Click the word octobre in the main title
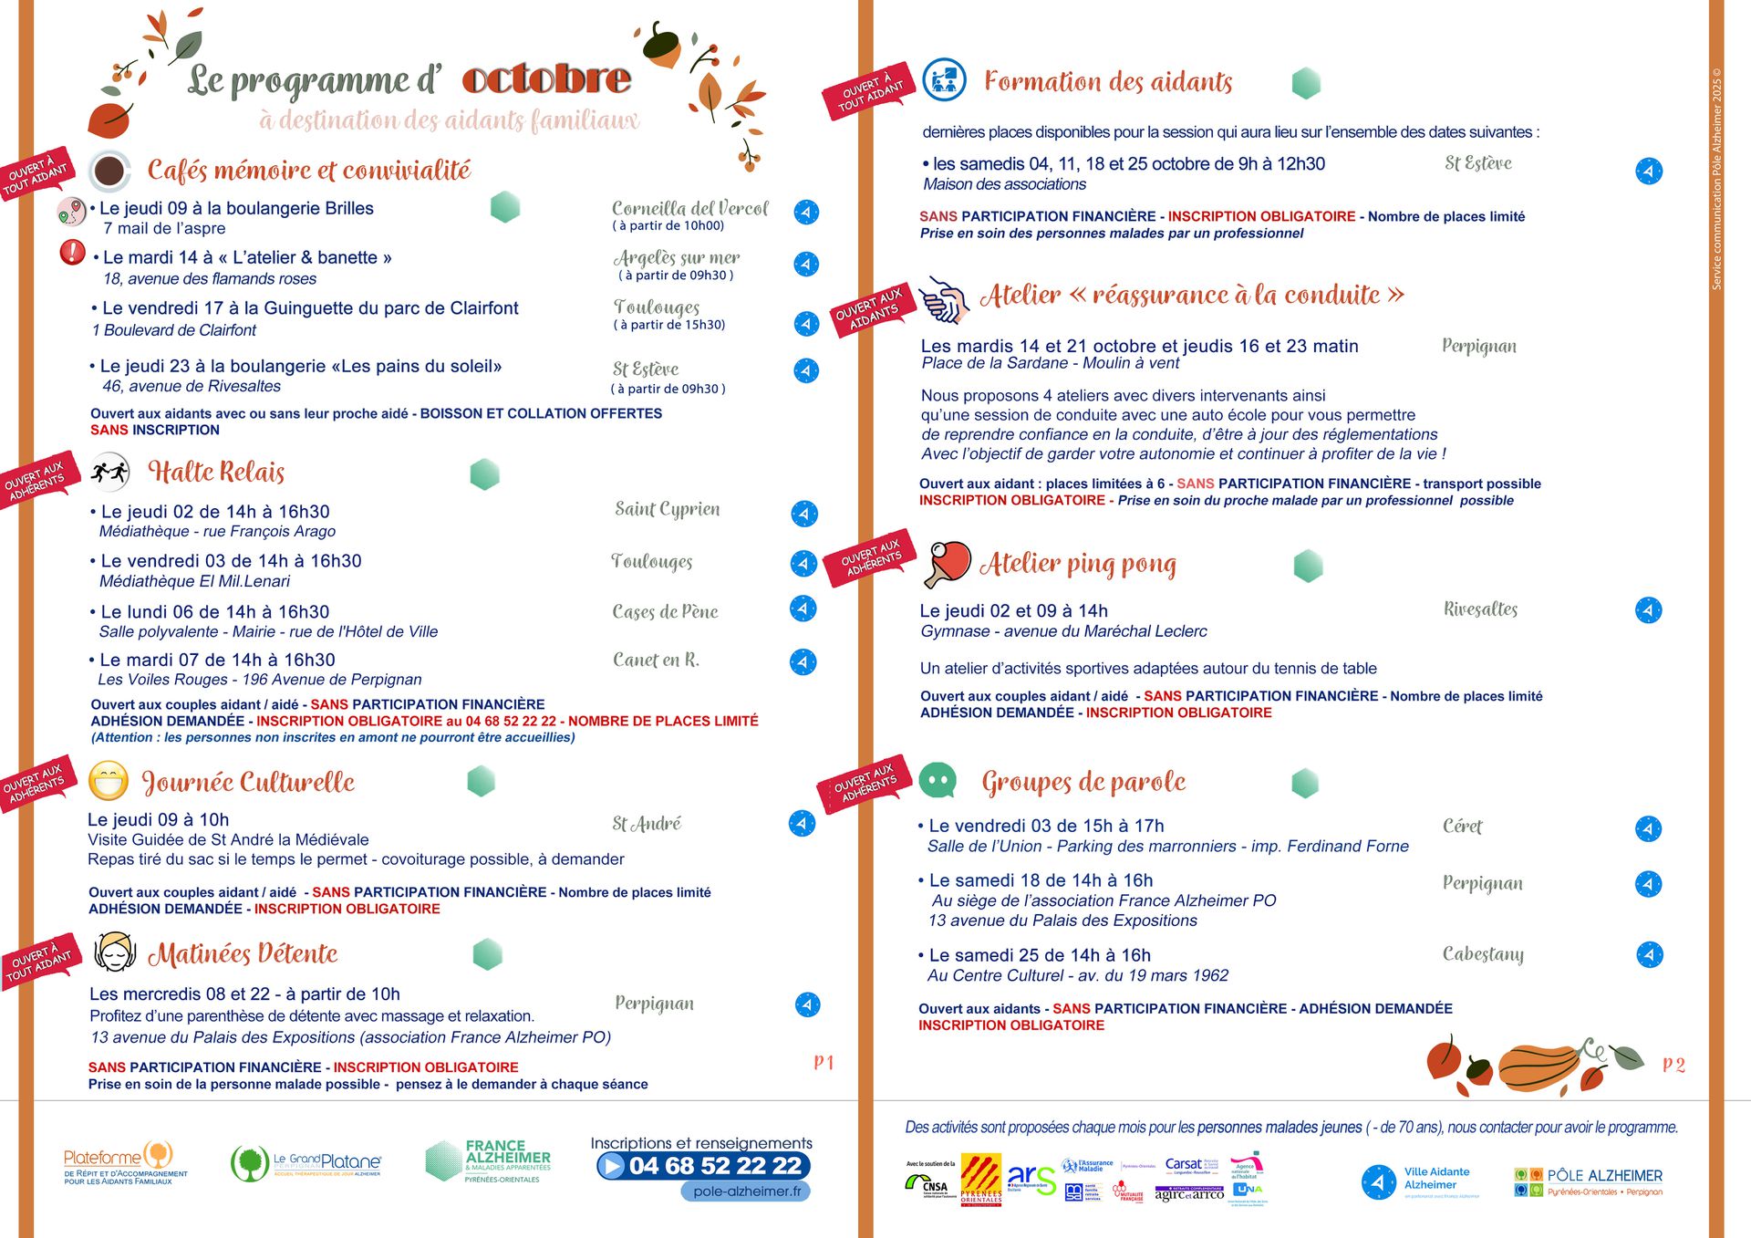pos(546,79)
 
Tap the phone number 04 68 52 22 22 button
pos(703,1166)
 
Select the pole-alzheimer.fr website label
pos(746,1191)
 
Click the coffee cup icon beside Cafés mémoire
pos(109,171)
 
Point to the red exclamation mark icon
pos(72,252)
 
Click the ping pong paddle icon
pos(948,563)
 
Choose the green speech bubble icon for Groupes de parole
pos(938,780)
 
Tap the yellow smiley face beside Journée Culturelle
pos(109,781)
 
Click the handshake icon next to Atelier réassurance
pos(944,300)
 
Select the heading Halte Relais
pos(216,472)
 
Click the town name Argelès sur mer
pos(676,258)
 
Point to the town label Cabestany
pos(1483,954)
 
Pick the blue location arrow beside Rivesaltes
pos(1648,609)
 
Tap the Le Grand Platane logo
pos(306,1162)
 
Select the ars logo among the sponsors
pos(1031,1179)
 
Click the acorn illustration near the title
pos(660,45)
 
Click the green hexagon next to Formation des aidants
pos(1306,83)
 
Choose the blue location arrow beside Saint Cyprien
pos(803,514)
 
